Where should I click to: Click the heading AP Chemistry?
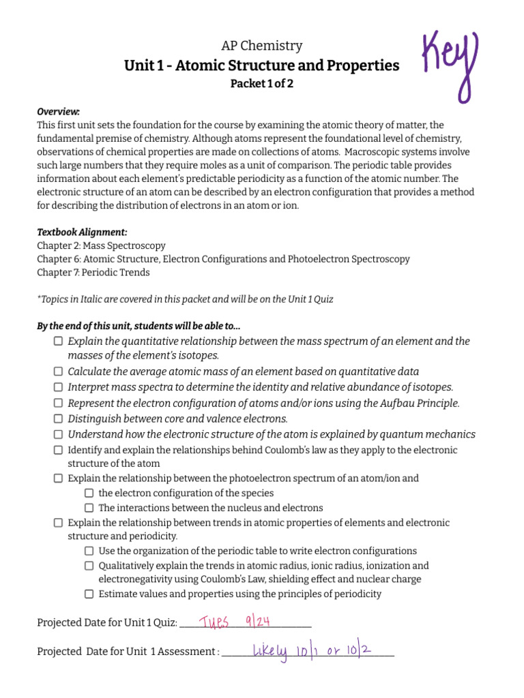(x=262, y=46)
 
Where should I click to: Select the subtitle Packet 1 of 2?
(x=262, y=85)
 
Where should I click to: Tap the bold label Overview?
(x=58, y=111)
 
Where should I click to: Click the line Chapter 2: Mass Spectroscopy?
(x=101, y=245)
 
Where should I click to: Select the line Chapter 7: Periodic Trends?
(x=93, y=273)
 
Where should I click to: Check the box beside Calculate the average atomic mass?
(x=59, y=371)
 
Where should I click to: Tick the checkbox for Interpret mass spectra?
(x=59, y=387)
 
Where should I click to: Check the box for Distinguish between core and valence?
(x=59, y=419)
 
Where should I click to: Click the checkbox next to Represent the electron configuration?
(x=59, y=403)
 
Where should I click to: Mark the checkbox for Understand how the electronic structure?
(x=59, y=434)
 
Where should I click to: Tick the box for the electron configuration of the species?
(x=89, y=493)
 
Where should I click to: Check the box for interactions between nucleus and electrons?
(x=89, y=508)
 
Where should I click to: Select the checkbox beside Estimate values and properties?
(x=89, y=594)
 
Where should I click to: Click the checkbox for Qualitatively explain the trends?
(x=89, y=566)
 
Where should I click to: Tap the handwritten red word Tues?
(x=213, y=621)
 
